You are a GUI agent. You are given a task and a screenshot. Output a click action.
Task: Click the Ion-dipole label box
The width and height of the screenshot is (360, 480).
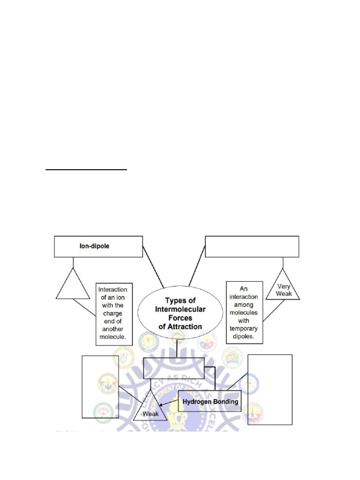pyautogui.click(x=98, y=247)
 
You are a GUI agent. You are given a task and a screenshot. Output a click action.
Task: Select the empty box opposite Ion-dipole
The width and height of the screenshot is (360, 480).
pyautogui.click(x=252, y=247)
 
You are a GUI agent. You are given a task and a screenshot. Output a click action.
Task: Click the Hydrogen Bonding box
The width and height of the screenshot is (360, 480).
pyautogui.click(x=210, y=401)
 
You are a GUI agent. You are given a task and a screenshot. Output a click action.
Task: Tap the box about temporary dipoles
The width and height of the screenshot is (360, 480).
pyautogui.click(x=244, y=312)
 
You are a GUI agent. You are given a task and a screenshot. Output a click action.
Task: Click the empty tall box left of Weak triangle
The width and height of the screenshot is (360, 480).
pyautogui.click(x=100, y=386)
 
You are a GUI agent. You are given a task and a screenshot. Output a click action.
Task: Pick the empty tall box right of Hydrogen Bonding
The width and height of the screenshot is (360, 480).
pyautogui.click(x=270, y=389)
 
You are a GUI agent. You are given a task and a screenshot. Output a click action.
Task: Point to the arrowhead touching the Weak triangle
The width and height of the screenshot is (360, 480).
pyautogui.click(x=161, y=407)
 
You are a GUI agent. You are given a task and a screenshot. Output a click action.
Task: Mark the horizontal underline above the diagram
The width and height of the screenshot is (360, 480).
pyautogui.click(x=86, y=171)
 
